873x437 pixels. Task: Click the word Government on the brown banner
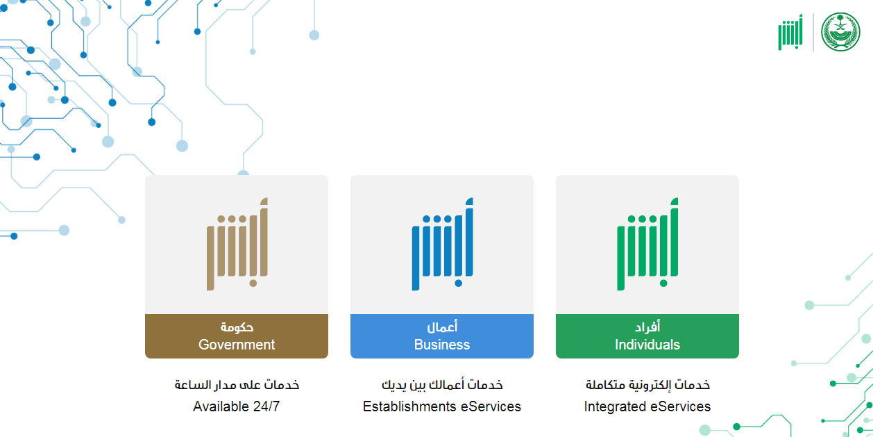click(x=237, y=345)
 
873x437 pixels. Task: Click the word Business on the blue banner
click(x=442, y=345)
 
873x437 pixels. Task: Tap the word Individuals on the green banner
click(x=647, y=345)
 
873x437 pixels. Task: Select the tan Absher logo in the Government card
click(x=237, y=245)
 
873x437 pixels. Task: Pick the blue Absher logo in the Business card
click(x=442, y=245)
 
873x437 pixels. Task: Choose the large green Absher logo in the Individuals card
click(x=647, y=245)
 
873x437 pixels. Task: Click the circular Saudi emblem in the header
click(x=840, y=31)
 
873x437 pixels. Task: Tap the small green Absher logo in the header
click(x=790, y=32)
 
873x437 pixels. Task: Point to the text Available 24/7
click(x=236, y=406)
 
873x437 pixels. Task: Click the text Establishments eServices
click(x=442, y=406)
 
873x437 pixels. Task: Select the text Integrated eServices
click(x=647, y=406)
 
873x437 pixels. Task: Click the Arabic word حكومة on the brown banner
click(x=237, y=327)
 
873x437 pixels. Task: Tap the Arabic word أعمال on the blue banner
click(x=442, y=327)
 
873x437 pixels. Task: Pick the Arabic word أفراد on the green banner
click(x=647, y=327)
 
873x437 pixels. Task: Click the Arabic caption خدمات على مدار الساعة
click(x=237, y=385)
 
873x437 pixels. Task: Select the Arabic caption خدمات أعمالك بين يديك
click(x=442, y=385)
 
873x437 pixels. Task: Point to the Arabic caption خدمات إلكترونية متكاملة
click(x=647, y=385)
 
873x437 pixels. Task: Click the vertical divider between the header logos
click(x=813, y=32)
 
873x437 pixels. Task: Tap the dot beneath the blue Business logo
click(x=458, y=283)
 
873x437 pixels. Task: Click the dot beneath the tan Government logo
click(x=253, y=283)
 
